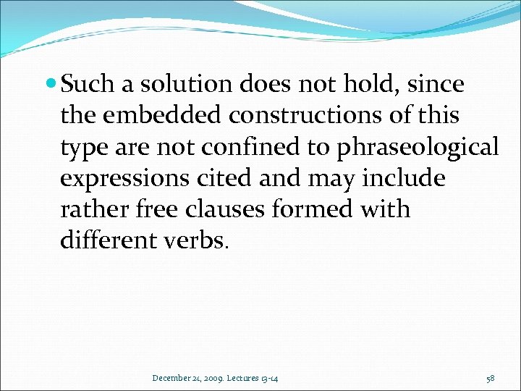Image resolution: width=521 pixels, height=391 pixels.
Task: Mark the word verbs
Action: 197,241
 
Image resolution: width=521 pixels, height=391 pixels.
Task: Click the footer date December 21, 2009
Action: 185,377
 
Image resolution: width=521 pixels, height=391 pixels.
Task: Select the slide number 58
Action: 491,377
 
